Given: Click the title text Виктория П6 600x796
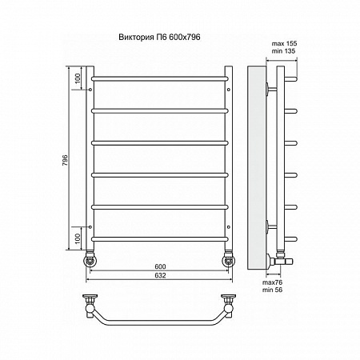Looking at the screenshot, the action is tap(159, 37).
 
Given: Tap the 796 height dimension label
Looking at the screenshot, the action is tap(66, 160).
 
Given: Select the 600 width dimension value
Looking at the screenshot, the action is tap(160, 266).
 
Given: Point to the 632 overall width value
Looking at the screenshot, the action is tap(160, 275).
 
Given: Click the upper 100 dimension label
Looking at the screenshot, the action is tap(78, 78).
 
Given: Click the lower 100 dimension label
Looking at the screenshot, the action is tap(78, 238).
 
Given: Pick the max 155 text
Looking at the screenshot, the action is tap(284, 43).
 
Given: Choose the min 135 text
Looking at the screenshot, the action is tap(283, 51).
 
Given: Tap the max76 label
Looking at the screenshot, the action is tap(272, 282).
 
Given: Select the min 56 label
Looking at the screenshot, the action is tap(272, 290).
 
